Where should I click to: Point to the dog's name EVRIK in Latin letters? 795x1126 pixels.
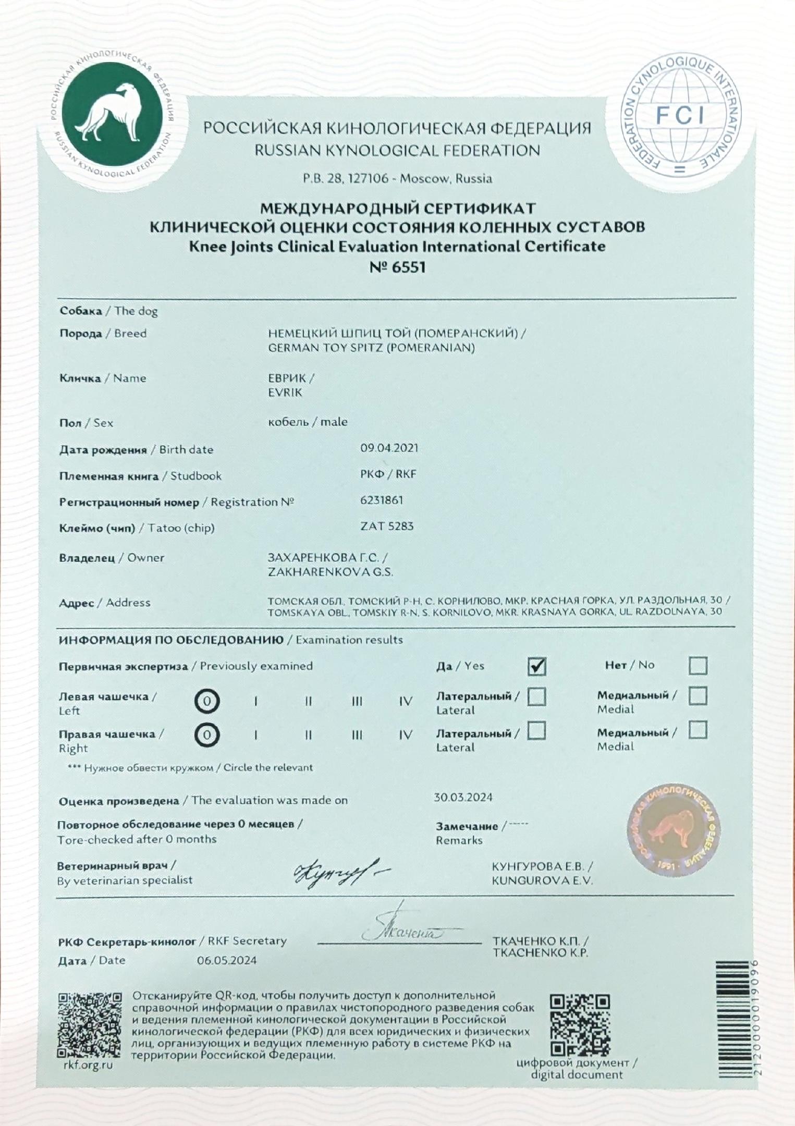point(285,393)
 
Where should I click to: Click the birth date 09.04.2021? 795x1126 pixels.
point(389,448)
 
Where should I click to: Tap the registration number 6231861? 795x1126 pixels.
point(382,500)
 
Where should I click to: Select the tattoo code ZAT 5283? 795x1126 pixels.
point(387,526)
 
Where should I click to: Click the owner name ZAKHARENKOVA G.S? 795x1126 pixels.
point(330,572)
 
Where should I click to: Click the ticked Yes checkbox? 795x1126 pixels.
point(536,666)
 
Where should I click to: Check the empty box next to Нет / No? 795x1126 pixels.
point(698,666)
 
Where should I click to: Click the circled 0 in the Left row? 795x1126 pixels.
point(207,702)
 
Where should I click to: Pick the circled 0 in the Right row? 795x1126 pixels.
point(207,736)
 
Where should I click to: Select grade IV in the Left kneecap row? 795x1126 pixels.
point(406,702)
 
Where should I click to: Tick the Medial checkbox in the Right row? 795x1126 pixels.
point(698,730)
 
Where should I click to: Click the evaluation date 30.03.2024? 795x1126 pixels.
point(463,797)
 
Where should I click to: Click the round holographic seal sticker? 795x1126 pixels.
point(674,829)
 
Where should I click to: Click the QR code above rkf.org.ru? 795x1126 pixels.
point(89,1024)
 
